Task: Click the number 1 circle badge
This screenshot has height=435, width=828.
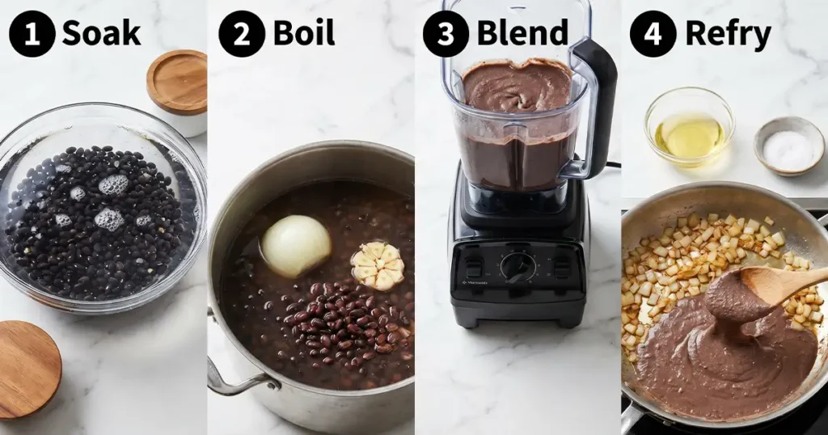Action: click(x=32, y=34)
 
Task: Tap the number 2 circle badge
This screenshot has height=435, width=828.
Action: click(x=242, y=34)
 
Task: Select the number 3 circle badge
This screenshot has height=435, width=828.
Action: click(x=446, y=34)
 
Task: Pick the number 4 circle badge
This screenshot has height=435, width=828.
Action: click(x=653, y=34)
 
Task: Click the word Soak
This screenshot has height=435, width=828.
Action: click(x=101, y=34)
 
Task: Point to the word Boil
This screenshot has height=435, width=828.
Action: click(x=303, y=34)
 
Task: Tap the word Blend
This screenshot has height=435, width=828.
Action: click(x=522, y=34)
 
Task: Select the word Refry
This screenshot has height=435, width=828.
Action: click(x=728, y=34)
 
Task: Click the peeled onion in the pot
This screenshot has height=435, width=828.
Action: click(x=296, y=245)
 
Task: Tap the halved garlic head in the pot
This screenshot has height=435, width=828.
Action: click(x=378, y=265)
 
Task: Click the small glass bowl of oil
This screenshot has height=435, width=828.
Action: click(x=689, y=129)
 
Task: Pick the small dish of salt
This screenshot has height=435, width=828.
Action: click(x=788, y=146)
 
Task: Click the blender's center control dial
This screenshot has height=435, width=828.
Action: click(x=518, y=266)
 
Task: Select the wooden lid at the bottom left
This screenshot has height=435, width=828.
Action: click(x=27, y=368)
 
